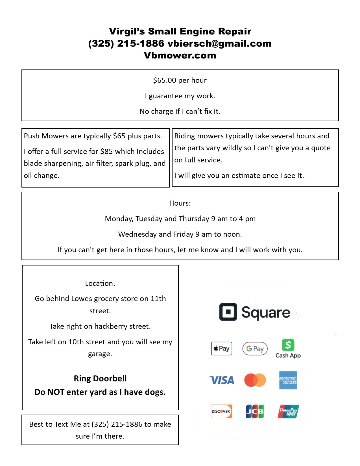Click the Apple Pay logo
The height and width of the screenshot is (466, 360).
(x=222, y=348)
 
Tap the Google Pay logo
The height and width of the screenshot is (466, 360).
(x=255, y=349)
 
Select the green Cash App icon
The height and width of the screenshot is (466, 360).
(x=288, y=345)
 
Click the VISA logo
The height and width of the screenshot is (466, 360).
(x=222, y=380)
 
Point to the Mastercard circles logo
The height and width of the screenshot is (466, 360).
(x=255, y=380)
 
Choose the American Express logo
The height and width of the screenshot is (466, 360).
(x=288, y=380)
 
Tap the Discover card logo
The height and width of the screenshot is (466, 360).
(x=222, y=411)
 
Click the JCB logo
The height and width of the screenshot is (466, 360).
(x=255, y=411)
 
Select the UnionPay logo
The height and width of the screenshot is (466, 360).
(x=288, y=411)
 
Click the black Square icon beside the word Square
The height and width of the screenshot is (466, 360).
(x=228, y=312)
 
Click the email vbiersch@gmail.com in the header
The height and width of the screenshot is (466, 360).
(x=219, y=43)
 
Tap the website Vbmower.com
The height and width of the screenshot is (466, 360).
(x=180, y=55)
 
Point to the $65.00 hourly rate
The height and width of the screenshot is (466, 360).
(x=165, y=80)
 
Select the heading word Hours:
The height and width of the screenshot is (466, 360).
(x=180, y=203)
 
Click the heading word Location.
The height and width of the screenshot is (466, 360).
(x=100, y=283)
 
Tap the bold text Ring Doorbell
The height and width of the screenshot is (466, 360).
(x=100, y=378)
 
